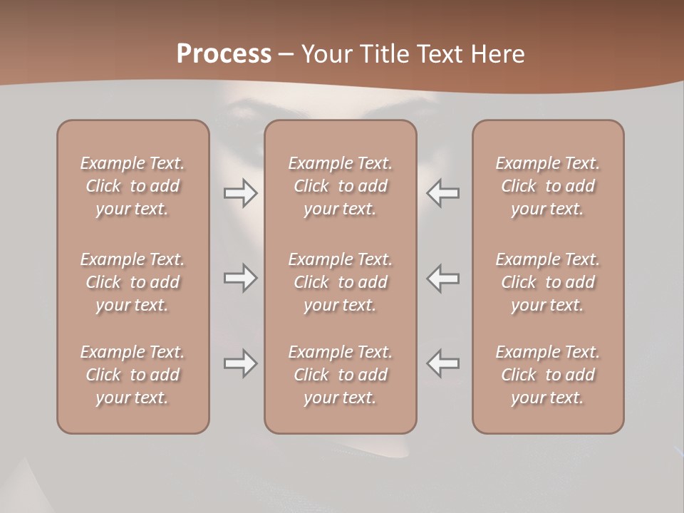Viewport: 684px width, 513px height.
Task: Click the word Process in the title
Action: tap(224, 54)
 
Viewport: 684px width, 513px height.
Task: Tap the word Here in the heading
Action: tap(497, 54)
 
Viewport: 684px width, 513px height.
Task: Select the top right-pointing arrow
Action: tap(240, 193)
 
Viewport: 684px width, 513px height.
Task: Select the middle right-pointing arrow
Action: tap(240, 278)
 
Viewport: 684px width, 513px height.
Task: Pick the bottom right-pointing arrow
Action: tap(240, 363)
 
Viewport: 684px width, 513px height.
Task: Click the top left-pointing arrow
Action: tap(443, 193)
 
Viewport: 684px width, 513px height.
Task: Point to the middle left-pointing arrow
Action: tap(443, 278)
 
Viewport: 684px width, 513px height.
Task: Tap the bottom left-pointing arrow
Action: tap(443, 363)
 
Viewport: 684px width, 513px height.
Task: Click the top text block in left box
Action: tap(133, 186)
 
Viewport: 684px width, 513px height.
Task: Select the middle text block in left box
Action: tap(133, 282)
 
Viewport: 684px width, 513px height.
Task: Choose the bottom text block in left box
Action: tap(133, 375)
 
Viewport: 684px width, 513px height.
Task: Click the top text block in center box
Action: tap(340, 186)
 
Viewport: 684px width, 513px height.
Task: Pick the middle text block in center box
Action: tap(340, 282)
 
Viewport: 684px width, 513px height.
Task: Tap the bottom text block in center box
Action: tap(340, 375)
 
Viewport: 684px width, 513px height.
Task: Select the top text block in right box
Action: tap(547, 186)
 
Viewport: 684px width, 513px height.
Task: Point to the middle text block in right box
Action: tap(547, 282)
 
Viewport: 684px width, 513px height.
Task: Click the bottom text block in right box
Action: tap(547, 375)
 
